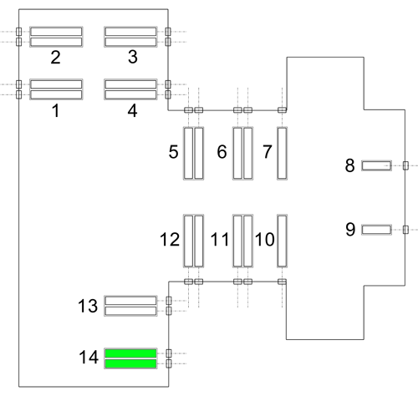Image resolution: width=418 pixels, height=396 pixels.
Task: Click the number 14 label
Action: tap(89, 357)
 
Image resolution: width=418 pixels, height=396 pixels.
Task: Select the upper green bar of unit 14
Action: tap(130, 353)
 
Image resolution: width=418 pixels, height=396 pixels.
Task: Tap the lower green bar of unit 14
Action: tap(130, 363)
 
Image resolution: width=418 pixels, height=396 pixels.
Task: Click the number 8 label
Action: tap(349, 165)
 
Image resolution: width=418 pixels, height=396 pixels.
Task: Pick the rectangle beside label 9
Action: tap(376, 230)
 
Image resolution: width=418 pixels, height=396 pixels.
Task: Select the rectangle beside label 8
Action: tap(376, 165)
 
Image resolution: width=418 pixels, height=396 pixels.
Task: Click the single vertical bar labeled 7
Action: tap(282, 153)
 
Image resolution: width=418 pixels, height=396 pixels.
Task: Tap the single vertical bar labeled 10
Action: tap(282, 241)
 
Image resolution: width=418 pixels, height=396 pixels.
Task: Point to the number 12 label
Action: tap(170, 239)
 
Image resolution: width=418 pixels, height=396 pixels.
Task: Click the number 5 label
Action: tap(173, 152)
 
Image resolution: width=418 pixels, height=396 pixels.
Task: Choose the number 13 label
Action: tap(88, 306)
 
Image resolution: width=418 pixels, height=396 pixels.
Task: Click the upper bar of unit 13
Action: tap(130, 301)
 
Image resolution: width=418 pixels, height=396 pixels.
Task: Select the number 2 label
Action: tap(55, 58)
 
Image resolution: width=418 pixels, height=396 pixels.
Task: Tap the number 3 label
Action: tap(133, 57)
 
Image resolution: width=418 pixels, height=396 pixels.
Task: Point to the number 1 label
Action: tap(56, 110)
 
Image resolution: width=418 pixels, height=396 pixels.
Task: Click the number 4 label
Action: tap(132, 111)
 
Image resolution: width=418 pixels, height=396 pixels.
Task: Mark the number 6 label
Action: tap(222, 152)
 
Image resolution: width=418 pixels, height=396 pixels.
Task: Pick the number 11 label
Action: tap(220, 239)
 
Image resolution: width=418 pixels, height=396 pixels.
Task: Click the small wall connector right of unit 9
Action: tap(405, 230)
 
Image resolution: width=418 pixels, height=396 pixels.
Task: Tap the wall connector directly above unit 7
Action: tap(282, 110)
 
